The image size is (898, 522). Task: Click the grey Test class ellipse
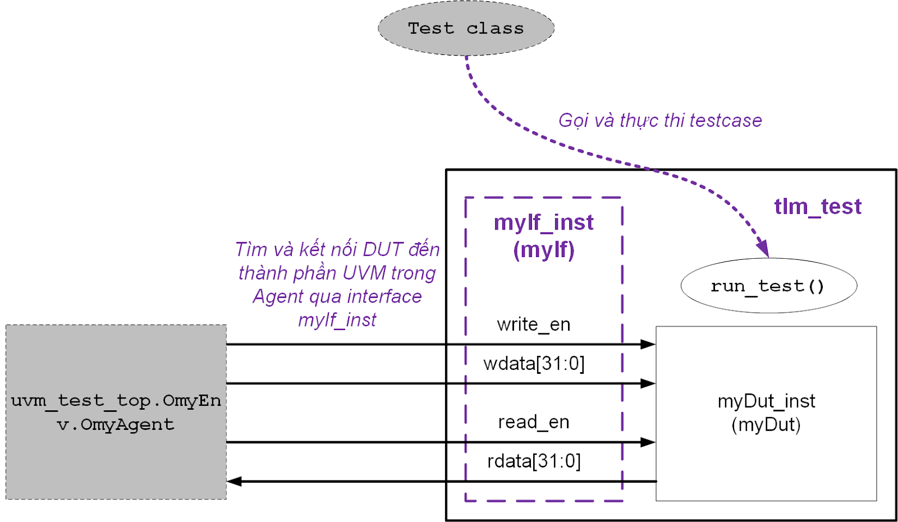coord(466,28)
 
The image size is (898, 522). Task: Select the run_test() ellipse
coord(768,286)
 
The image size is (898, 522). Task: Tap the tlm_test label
coord(817,207)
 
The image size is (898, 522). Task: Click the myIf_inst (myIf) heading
coord(543,236)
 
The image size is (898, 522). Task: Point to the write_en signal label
coord(533,324)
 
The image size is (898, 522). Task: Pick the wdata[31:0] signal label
coord(534,364)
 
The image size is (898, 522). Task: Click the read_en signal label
coord(533,422)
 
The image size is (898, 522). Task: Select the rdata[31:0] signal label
coord(534,461)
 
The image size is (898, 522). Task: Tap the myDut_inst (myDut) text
coord(766,413)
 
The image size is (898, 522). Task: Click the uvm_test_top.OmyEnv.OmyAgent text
coord(116,413)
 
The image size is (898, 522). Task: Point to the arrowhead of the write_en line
coord(648,344)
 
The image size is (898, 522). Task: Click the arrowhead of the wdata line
coord(648,383)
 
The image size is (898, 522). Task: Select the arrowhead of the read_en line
coord(648,442)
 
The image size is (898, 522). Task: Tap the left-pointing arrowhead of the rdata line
coord(235,482)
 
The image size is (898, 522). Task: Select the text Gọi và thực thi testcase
coord(660,120)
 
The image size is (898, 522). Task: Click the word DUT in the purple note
coord(383,249)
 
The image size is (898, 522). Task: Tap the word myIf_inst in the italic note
coord(337,320)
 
